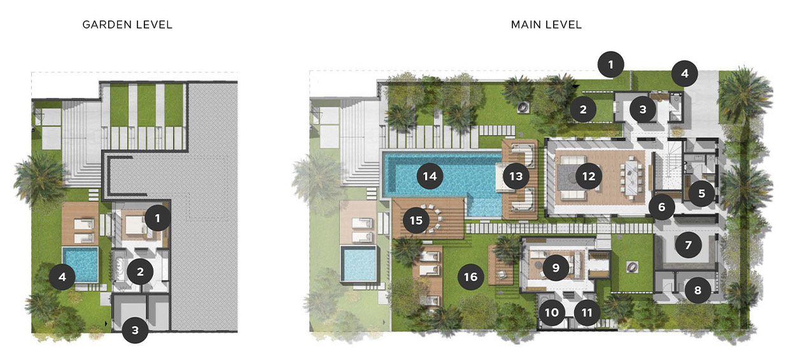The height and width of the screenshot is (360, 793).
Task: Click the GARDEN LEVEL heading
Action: click(127, 25)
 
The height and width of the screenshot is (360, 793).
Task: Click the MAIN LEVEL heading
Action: click(546, 25)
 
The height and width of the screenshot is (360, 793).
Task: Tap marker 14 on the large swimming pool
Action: click(431, 176)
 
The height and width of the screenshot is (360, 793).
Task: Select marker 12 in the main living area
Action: click(589, 176)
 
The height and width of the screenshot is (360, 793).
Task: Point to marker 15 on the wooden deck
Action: click(416, 220)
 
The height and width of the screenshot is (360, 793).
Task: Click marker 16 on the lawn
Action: click(470, 277)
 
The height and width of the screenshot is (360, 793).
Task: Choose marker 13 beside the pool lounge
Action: click(516, 176)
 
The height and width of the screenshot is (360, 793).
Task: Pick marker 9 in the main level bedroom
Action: click(556, 268)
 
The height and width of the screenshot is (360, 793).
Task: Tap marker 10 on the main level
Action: click(551, 312)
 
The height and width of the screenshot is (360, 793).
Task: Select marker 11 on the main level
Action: click(587, 312)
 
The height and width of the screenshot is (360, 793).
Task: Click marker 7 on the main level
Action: click(688, 245)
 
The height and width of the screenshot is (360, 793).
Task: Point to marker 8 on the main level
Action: click(698, 291)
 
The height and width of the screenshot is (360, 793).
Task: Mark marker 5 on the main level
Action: click(701, 193)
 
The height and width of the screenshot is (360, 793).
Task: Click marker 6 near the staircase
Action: click(662, 207)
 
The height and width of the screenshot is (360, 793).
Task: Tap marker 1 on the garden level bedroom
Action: click(157, 219)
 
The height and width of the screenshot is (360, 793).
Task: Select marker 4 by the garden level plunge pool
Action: click(62, 277)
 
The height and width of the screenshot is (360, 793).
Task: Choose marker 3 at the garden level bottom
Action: click(135, 330)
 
